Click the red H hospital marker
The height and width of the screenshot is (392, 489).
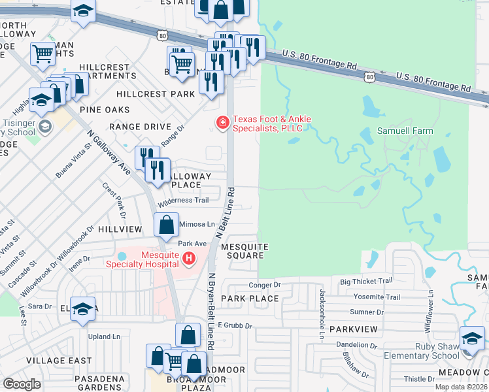click(x=190, y=259)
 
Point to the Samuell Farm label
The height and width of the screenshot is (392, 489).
click(x=405, y=131)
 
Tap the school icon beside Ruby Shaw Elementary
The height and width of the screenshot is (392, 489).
click(x=472, y=338)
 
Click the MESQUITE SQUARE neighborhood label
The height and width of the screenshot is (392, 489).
click(x=244, y=252)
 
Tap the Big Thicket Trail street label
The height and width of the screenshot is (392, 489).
click(x=366, y=281)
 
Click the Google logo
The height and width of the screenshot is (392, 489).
click(x=22, y=384)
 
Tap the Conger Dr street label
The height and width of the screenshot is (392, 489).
click(x=264, y=285)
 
